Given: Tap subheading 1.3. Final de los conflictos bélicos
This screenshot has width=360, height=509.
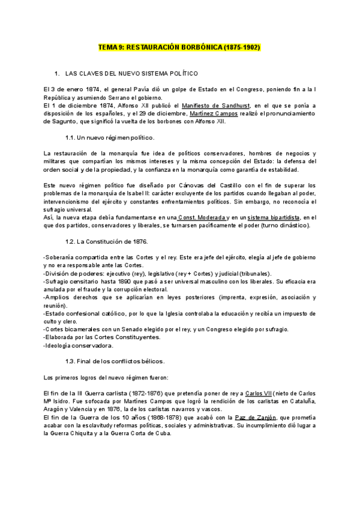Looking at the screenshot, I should click(115, 361).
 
